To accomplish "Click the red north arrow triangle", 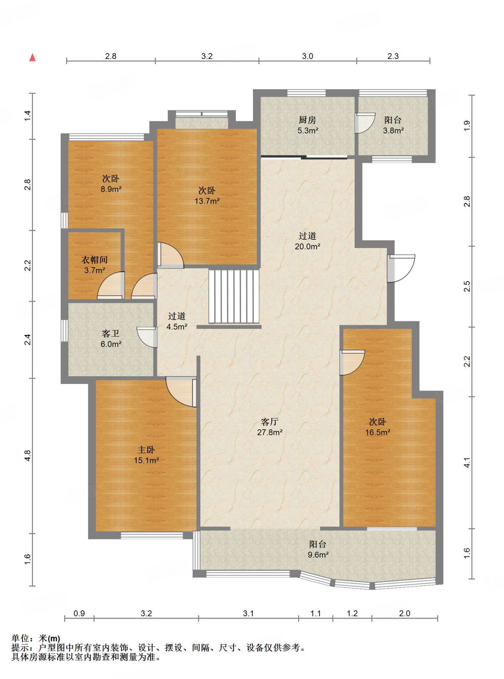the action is tap(32, 57).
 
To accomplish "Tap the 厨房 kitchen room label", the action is tap(307, 120).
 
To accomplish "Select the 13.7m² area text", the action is tap(207, 201).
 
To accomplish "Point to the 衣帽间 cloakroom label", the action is tap(95, 260).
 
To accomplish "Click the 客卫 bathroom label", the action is tap(111, 333).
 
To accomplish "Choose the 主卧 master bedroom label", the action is tap(146, 450).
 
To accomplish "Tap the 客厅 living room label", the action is tap(269, 422).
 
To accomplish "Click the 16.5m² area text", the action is tap(378, 432).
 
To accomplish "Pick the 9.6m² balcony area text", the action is tap(318, 555).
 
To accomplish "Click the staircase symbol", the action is tap(234, 296).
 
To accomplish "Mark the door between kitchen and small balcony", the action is tap(365, 123).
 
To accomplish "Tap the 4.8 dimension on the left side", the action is tap(28, 456).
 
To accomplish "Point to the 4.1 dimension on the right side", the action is tap(467, 463).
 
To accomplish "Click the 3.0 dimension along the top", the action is tap(307, 56).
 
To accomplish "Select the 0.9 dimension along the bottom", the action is tap(79, 613).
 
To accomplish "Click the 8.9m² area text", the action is tap(111, 189).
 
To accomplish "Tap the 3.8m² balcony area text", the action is tap(393, 131).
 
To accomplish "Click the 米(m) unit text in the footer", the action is tap(49, 638).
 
